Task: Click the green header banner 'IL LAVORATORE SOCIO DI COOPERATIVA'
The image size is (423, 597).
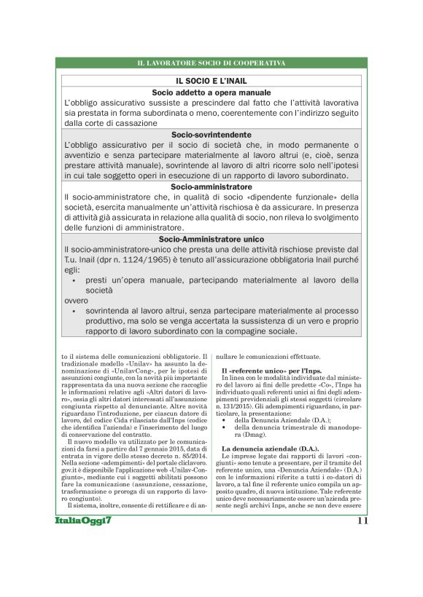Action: point(211,64)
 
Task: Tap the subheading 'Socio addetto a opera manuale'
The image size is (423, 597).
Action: point(211,93)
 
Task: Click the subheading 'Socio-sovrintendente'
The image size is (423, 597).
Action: point(211,135)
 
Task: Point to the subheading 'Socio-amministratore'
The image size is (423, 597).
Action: point(211,186)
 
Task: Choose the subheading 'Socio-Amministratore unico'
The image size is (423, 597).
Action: point(211,238)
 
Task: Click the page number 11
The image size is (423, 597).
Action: point(364,521)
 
